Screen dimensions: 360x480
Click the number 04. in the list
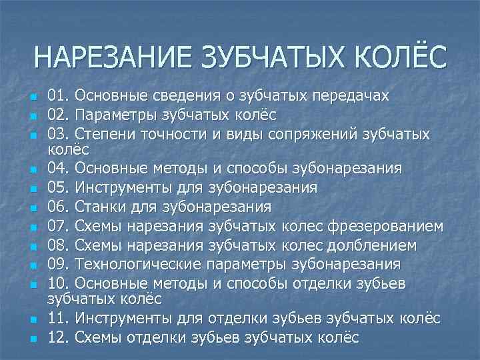[x=60, y=166]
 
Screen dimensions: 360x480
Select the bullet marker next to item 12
[x=33, y=338]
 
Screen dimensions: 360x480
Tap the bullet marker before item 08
[x=33, y=246]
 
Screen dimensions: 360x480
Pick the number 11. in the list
[x=60, y=319]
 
